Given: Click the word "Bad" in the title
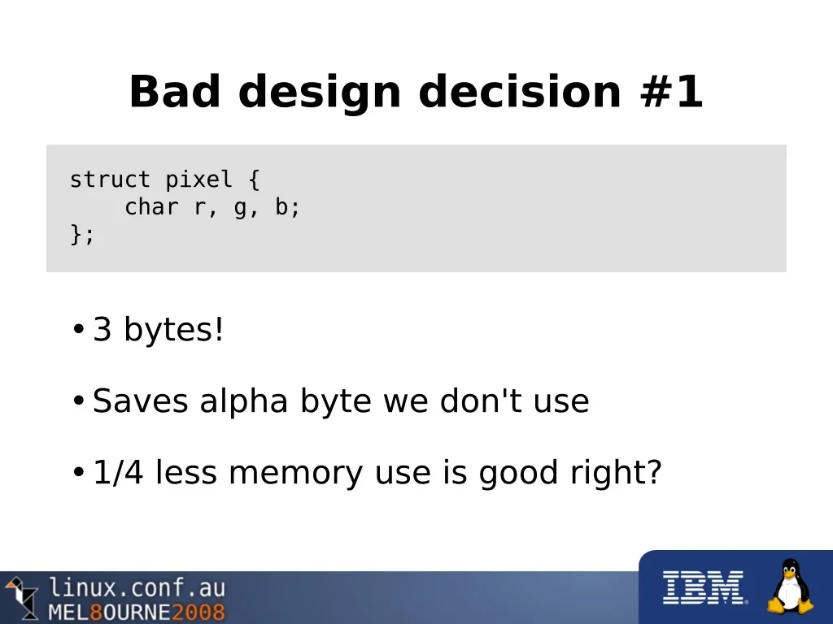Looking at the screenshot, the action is (x=175, y=91).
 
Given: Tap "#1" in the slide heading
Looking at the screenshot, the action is (x=671, y=91).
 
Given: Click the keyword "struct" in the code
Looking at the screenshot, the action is (x=111, y=180).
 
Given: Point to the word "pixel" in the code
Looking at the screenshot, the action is (x=198, y=180).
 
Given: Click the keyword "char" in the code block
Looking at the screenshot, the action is (x=151, y=206).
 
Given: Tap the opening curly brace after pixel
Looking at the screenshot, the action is (x=254, y=180).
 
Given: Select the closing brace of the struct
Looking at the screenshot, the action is (x=76, y=234).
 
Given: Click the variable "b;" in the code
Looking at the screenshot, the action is (x=287, y=207).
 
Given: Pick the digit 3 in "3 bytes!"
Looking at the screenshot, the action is (x=102, y=329).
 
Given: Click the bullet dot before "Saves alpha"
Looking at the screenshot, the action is (x=79, y=401).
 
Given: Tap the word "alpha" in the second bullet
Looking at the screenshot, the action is (x=244, y=401).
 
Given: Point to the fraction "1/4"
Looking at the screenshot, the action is (x=118, y=472).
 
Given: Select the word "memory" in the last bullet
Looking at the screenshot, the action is (x=296, y=473).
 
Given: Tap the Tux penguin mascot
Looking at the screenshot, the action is (x=791, y=586).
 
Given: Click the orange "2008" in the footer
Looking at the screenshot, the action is (x=198, y=612).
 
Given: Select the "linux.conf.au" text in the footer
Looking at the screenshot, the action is (x=137, y=588).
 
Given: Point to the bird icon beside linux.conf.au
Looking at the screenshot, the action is (x=21, y=597).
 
